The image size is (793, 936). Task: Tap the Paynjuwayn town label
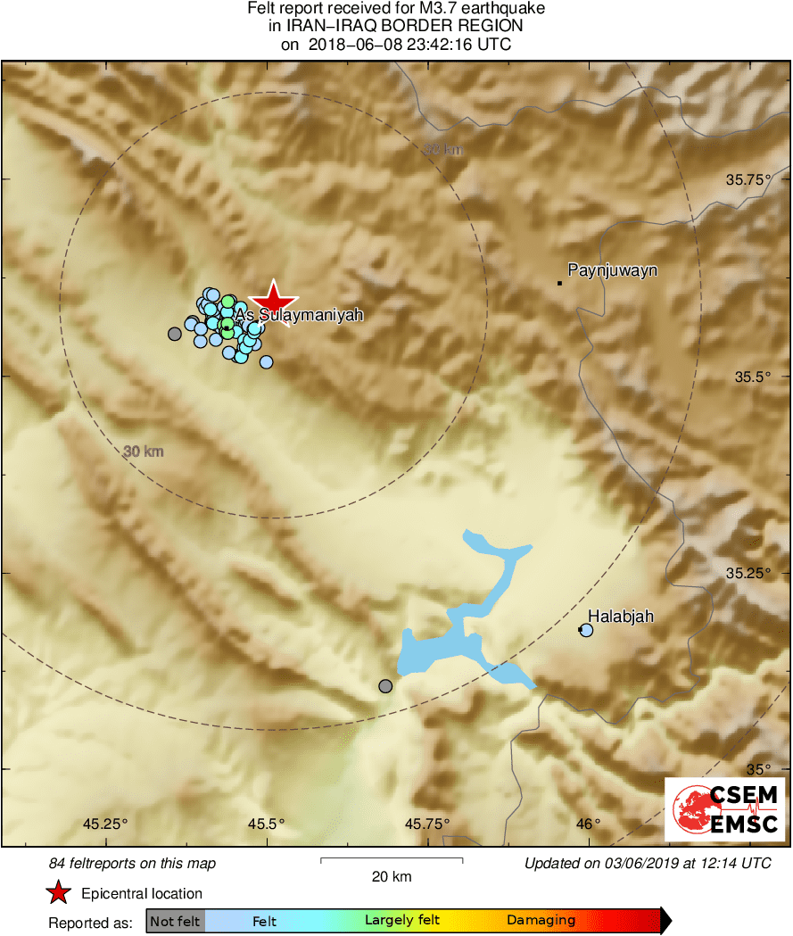pyautogui.click(x=613, y=269)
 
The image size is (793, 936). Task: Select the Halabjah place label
pyautogui.click(x=621, y=616)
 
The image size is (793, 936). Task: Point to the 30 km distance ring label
pyautogui.click(x=144, y=451)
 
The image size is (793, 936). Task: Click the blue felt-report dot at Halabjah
pyautogui.click(x=586, y=630)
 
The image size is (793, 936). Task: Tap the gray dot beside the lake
pyautogui.click(x=385, y=686)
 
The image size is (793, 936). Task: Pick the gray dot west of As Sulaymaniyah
pyautogui.click(x=175, y=334)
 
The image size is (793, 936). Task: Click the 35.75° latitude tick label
pyautogui.click(x=748, y=179)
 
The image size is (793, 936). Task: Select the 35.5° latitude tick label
pyautogui.click(x=752, y=377)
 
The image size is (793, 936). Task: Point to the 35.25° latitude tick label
pyautogui.click(x=748, y=573)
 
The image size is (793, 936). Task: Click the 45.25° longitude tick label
pyautogui.click(x=106, y=823)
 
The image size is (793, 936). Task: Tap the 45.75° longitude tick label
pyautogui.click(x=428, y=823)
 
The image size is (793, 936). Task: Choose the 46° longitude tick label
pyautogui.click(x=588, y=823)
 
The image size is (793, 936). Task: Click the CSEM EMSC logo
pyautogui.click(x=725, y=809)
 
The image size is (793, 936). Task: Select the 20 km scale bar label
pyautogui.click(x=392, y=877)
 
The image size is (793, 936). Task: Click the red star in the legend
pyautogui.click(x=59, y=892)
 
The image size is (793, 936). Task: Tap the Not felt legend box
pyautogui.click(x=176, y=921)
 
